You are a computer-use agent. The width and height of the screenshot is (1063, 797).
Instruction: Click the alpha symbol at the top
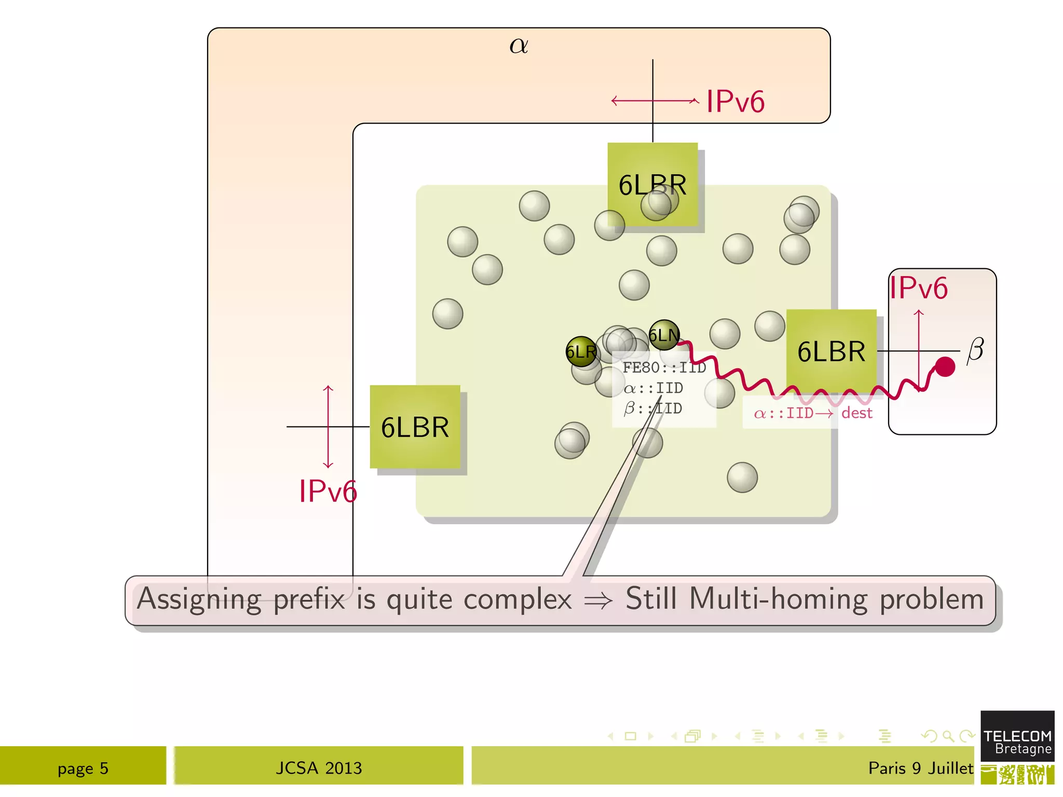(519, 46)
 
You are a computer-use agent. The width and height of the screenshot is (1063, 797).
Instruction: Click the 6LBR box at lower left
(415, 427)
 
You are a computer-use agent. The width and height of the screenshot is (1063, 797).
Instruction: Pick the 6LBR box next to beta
(831, 351)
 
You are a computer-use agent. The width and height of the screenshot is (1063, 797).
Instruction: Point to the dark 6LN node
(664, 335)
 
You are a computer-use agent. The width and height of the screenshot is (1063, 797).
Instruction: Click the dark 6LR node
(581, 352)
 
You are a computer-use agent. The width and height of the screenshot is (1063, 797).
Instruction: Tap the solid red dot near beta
(945, 367)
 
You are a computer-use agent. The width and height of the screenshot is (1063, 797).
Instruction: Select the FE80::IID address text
(664, 367)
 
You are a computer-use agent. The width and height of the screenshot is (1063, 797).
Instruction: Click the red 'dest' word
(856, 413)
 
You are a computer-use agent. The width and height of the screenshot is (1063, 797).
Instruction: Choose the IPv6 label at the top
(735, 101)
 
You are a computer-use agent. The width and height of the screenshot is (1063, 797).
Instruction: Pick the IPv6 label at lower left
(328, 491)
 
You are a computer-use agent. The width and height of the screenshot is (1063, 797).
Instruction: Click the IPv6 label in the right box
(918, 288)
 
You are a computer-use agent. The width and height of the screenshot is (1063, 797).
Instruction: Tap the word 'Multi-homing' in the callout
(780, 599)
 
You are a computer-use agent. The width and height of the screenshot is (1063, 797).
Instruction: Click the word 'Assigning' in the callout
(199, 599)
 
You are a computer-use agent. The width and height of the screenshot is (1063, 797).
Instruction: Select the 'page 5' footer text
(83, 768)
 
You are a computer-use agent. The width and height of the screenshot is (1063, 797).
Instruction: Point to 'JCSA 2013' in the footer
(319, 768)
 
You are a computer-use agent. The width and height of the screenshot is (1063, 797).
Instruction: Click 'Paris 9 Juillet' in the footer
(920, 768)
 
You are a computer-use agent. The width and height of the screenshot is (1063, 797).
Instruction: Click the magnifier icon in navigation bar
(948, 736)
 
